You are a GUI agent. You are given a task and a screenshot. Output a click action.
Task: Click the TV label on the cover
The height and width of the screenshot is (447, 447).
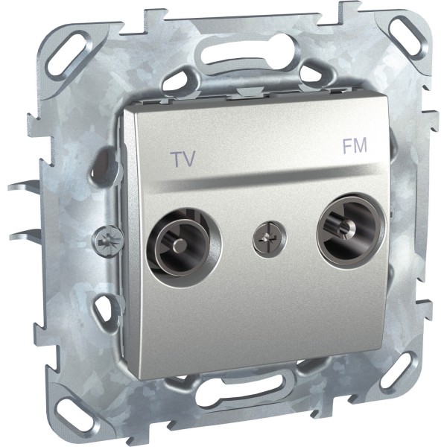coord(183,159)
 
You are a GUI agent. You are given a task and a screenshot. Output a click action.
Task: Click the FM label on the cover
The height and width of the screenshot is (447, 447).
coord(355,146)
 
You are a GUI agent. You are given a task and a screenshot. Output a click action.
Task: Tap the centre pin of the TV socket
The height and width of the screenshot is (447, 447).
coord(179,244)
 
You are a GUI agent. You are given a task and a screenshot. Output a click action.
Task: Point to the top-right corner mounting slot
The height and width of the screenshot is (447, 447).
coord(405,34)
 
